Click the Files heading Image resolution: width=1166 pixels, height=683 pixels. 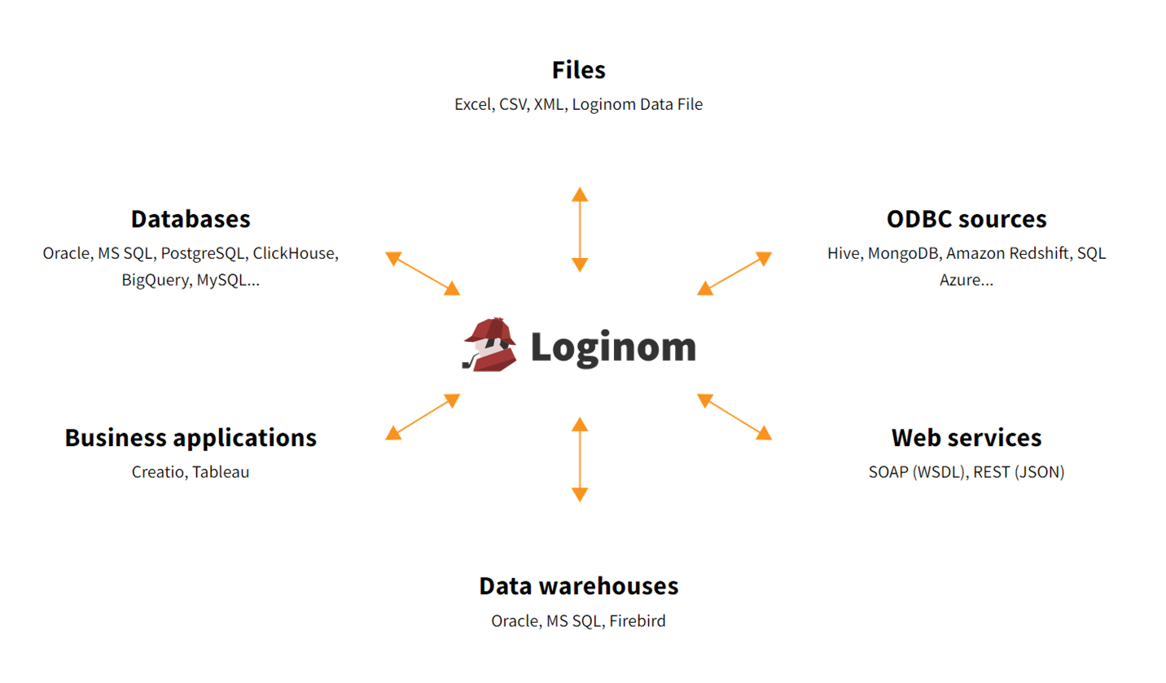[x=579, y=70]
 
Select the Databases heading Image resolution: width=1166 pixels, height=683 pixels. [x=191, y=219]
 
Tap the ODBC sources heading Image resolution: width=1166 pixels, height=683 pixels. [x=967, y=219]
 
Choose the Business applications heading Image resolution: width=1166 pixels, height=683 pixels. [x=191, y=438]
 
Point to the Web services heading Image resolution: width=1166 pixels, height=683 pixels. [x=967, y=438]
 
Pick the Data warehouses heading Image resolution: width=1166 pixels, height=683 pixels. [x=579, y=586]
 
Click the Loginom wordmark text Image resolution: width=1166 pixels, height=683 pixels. [x=613, y=348]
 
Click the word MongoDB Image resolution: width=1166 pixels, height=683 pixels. [x=904, y=253]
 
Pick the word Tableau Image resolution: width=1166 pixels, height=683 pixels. [x=221, y=472]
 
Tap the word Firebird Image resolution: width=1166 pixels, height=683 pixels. [x=638, y=621]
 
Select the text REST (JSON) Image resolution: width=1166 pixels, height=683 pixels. [x=1019, y=472]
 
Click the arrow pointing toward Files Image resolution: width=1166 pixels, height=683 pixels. [x=580, y=230]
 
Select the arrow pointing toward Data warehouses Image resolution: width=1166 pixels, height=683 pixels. [x=580, y=460]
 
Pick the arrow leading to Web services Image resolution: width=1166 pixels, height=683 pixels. [x=734, y=417]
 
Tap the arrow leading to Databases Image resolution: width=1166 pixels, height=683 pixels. [x=423, y=274]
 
